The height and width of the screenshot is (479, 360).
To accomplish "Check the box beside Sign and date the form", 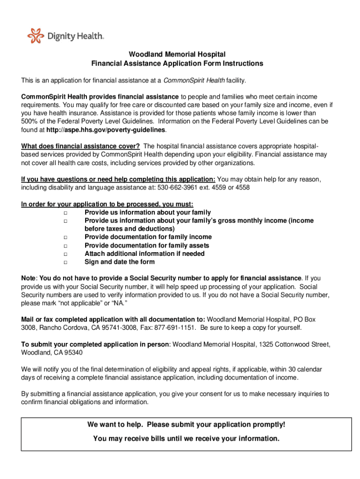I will [x=65, y=262].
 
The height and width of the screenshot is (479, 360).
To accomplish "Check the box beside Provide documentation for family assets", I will [x=65, y=246].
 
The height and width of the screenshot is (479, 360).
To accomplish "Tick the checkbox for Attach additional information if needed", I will [x=65, y=254].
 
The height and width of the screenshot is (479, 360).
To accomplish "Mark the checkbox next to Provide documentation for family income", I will [x=65, y=238].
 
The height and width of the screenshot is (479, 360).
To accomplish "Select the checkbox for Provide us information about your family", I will [x=65, y=213].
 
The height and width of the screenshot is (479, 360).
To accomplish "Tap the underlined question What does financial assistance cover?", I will [x=80, y=146].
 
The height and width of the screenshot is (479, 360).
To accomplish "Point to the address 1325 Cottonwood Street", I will [x=294, y=344].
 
